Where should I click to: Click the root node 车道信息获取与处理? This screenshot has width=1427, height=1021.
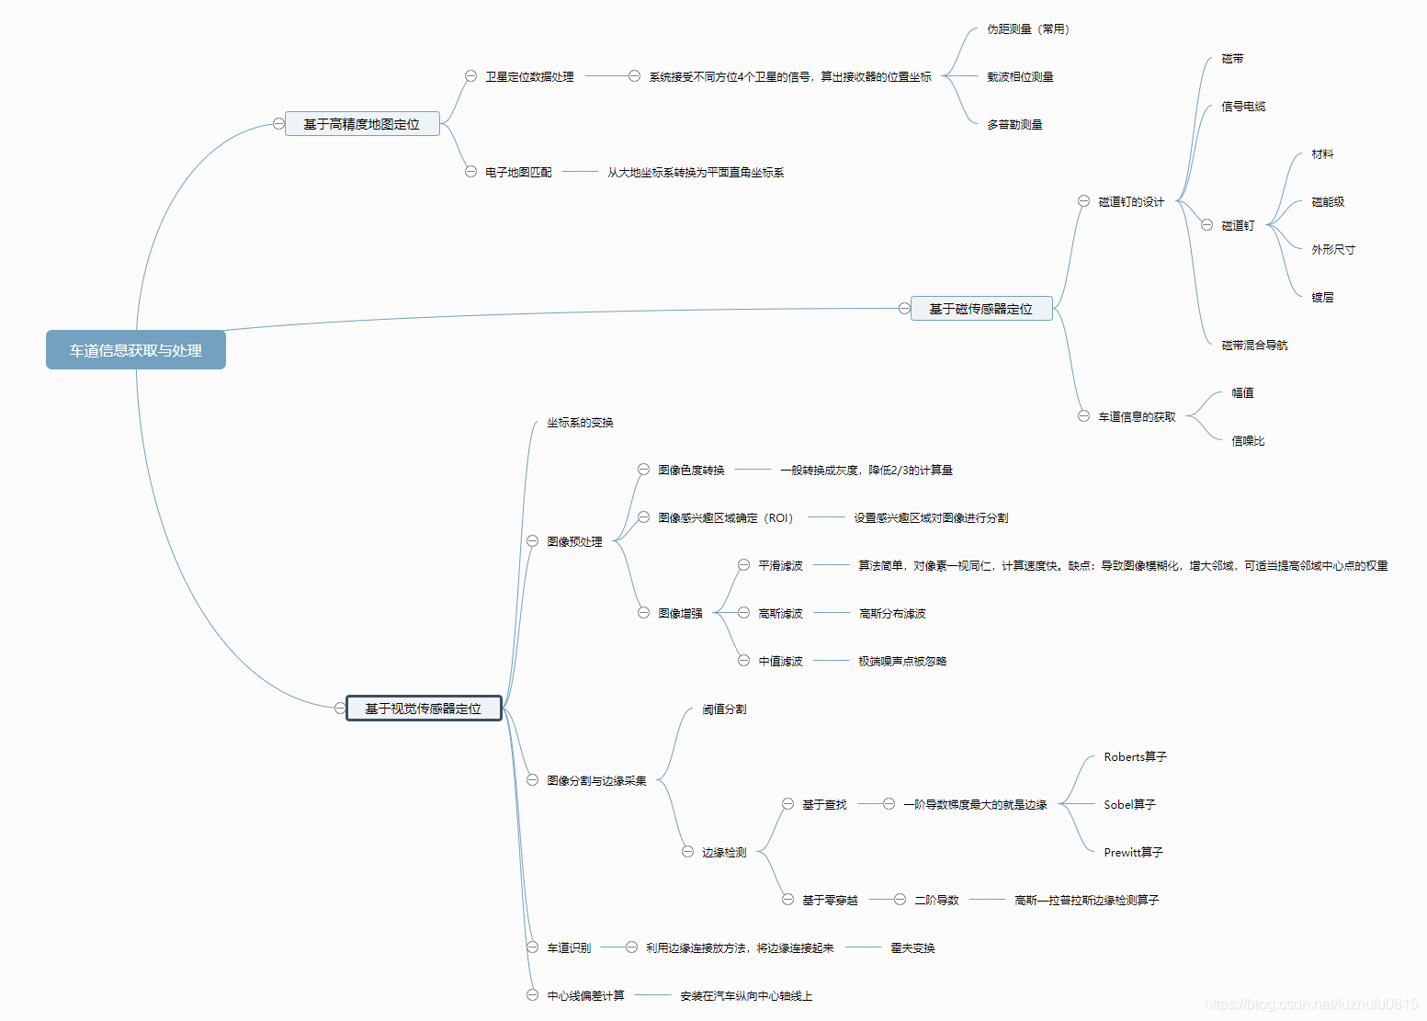[x=136, y=350]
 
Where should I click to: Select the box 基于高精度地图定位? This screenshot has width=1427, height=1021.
[x=361, y=124]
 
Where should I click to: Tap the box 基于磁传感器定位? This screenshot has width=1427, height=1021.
[x=980, y=309]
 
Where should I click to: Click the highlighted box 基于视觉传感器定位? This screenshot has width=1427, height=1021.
[x=423, y=709]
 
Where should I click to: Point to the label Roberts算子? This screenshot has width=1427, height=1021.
[x=1135, y=757]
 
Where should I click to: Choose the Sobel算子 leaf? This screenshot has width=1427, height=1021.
[x=1129, y=805]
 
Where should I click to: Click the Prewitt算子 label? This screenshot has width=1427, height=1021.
[x=1133, y=853]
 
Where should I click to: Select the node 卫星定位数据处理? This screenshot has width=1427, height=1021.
[x=529, y=77]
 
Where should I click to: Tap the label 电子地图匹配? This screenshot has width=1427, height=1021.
[x=518, y=173]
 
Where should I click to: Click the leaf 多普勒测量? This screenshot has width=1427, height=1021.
[x=1014, y=125]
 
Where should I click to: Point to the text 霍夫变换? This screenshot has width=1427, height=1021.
[x=912, y=948]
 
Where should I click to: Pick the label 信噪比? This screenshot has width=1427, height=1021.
[x=1248, y=441]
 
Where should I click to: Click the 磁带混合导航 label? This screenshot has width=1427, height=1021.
[x=1254, y=346]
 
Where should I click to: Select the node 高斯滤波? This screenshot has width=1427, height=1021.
[x=780, y=614]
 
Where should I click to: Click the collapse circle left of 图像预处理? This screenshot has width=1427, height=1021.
[x=532, y=541]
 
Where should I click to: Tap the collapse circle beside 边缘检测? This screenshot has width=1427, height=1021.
[x=687, y=852]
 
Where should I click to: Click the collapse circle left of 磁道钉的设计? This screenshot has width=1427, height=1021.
[x=1083, y=201]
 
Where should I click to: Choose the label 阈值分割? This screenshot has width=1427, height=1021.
[x=724, y=709]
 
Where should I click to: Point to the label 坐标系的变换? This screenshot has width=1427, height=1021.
[x=580, y=423]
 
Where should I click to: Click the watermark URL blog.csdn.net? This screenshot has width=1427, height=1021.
[x=1311, y=1004]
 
